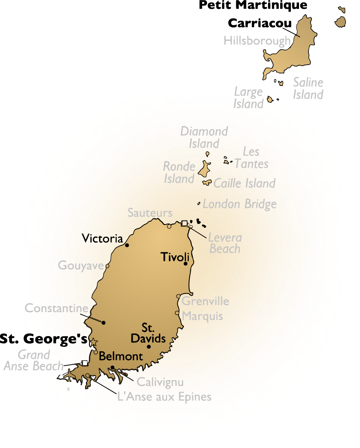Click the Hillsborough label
coord(257,41)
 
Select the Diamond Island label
coord(204,137)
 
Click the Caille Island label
coord(245,183)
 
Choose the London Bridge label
coord(240,204)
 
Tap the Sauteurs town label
coord(150,213)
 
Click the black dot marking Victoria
coord(127,245)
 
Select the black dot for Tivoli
coord(186,264)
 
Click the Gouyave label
coord(80,266)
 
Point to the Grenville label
coord(206,301)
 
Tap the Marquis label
coord(203,316)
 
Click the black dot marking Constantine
coord(104,323)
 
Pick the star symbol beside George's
coord(94,342)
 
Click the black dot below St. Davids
coord(149,346)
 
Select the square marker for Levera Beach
coord(184,223)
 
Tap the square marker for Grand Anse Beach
coord(85,363)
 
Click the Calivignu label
coord(160,382)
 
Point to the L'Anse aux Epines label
coord(164,397)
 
